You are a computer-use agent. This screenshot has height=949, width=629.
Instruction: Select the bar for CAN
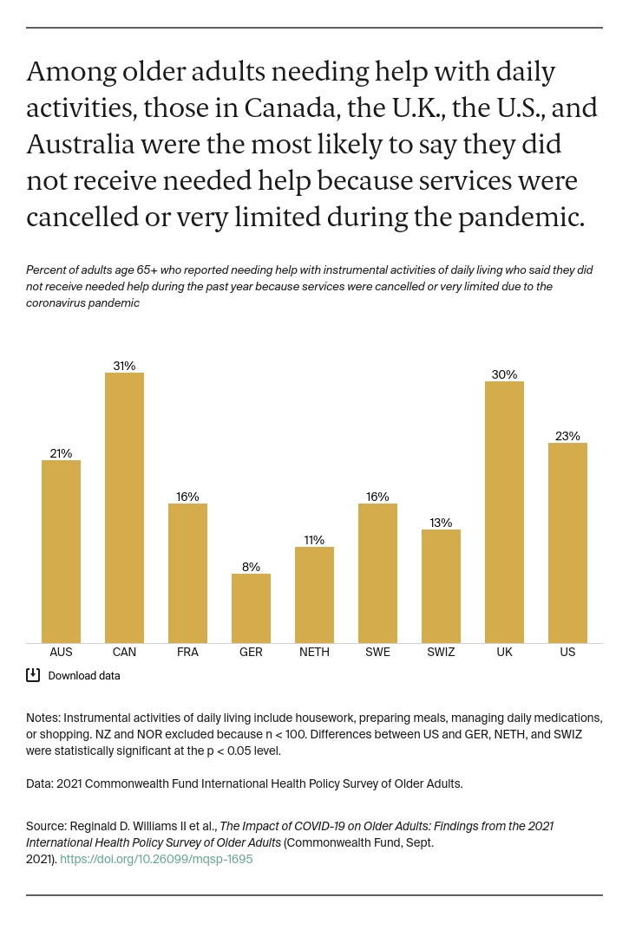[124, 508]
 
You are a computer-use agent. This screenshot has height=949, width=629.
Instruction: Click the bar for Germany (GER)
[251, 608]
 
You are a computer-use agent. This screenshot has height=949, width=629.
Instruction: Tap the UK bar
[504, 512]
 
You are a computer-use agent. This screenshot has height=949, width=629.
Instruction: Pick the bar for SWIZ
[441, 586]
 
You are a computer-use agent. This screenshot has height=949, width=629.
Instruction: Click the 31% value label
[124, 366]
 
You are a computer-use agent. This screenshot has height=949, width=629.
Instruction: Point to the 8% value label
[251, 567]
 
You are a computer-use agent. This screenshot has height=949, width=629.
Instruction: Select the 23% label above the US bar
[567, 436]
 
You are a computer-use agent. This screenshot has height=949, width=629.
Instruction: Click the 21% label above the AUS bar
[61, 453]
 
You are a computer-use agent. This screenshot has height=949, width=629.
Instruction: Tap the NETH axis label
[314, 653]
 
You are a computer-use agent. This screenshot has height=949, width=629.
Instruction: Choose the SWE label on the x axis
[377, 653]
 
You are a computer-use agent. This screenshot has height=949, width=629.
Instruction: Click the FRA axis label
[187, 653]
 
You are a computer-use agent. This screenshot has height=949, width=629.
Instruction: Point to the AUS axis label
[61, 653]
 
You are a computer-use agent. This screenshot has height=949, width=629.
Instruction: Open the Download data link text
[84, 676]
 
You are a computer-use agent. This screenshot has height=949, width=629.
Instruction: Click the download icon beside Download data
[33, 675]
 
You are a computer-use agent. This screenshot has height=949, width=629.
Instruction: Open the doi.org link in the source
[156, 860]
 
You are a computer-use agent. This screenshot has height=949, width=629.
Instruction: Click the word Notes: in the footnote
[43, 718]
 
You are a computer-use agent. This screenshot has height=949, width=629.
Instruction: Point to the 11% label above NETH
[314, 540]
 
